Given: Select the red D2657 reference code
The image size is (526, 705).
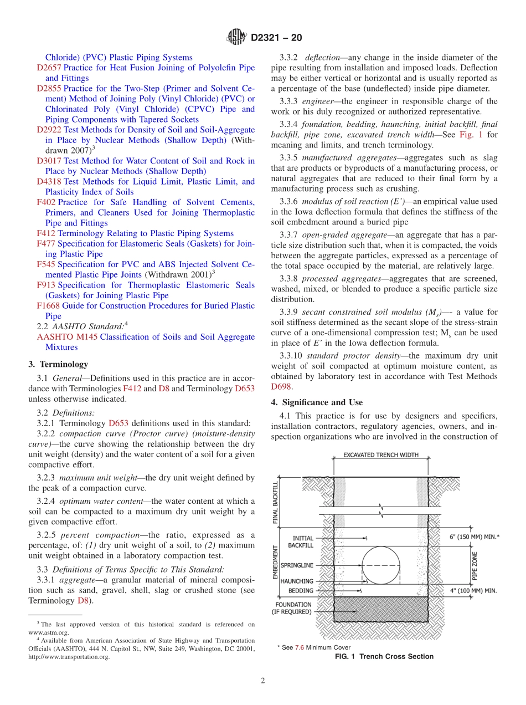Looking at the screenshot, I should click(48, 68).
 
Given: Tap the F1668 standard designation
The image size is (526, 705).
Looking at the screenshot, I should click(48, 306).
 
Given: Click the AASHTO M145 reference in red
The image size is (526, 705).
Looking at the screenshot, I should click(67, 337).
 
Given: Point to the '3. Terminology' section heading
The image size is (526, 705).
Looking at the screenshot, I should click(58, 364).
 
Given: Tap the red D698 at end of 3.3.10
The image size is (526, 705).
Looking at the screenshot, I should click(281, 387).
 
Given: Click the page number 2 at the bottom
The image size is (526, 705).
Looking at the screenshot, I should click(263, 681).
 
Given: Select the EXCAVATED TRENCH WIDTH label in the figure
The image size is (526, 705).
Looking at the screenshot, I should click(381, 455).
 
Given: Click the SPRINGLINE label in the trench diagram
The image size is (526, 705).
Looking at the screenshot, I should click(297, 565).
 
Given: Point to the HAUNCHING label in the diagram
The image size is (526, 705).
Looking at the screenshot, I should click(297, 581).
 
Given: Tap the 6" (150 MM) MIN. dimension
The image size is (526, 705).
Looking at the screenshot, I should click(475, 537).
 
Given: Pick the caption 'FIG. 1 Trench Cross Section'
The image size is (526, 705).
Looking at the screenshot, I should click(384, 657).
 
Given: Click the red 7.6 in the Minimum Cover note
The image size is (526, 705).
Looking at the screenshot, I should click(299, 647).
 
